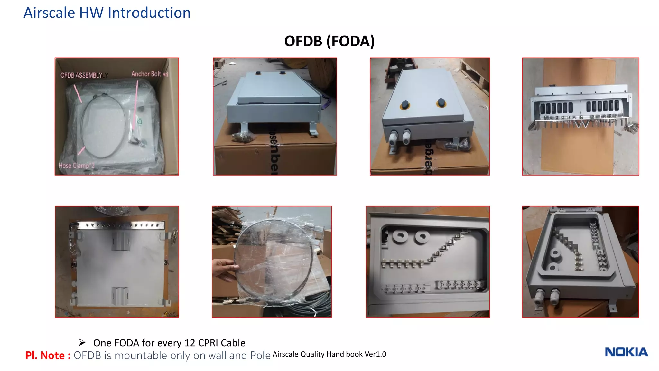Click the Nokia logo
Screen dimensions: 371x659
point(626,352)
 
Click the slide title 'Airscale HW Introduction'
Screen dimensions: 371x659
point(107,13)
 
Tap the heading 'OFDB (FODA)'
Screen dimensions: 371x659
point(329,41)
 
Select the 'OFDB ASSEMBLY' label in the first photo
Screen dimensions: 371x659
point(81,75)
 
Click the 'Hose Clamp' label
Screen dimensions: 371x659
point(76,166)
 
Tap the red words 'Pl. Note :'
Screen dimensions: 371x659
point(48,355)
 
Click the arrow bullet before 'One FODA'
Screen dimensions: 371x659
point(82,342)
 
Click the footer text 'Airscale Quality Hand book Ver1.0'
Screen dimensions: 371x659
point(329,354)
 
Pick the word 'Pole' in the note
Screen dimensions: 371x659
point(260,355)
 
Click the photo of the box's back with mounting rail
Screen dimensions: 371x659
point(117,262)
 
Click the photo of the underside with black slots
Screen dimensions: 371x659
point(580,117)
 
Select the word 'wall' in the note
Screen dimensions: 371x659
point(217,355)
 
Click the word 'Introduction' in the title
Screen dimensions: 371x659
point(149,13)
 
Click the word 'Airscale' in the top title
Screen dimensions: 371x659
point(49,13)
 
